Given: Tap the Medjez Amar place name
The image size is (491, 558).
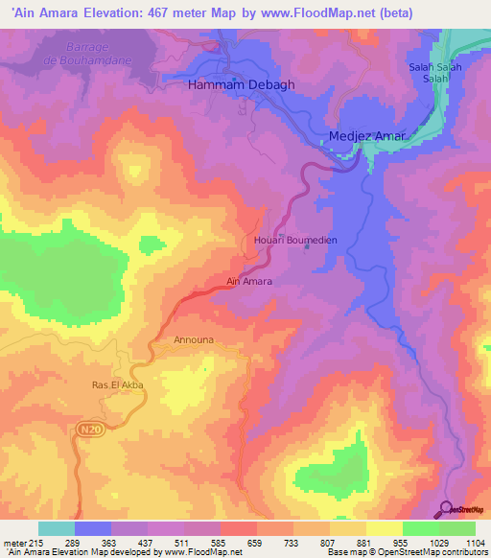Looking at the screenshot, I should point(368,136).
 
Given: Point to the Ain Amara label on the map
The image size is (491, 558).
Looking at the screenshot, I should point(249,282).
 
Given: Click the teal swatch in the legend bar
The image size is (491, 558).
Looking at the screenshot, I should point(57,528).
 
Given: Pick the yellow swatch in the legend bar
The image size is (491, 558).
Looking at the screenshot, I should point(385,528).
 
